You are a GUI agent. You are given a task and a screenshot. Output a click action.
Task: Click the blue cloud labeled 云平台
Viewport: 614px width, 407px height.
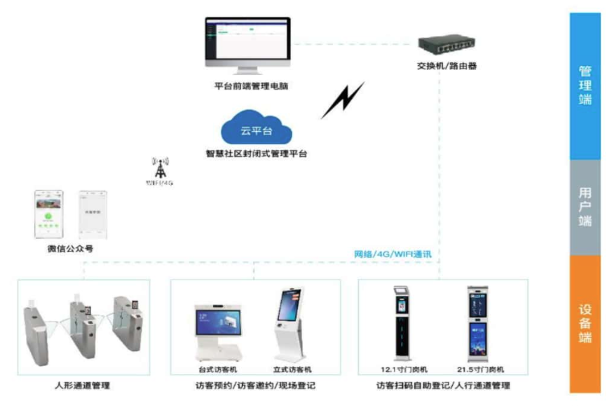[256, 127]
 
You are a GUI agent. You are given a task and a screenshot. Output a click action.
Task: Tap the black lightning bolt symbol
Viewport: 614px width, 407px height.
[343, 100]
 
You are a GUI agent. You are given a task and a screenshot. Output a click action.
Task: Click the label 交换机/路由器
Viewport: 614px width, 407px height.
[447, 67]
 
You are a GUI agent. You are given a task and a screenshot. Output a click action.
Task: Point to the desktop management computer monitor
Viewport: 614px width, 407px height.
[247, 43]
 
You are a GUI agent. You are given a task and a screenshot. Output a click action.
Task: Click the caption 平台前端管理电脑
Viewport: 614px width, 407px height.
[251, 87]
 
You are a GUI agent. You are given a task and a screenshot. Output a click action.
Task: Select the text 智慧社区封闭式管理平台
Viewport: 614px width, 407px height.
[256, 153]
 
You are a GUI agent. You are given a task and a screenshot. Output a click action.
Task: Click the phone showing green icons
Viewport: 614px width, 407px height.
[50, 214]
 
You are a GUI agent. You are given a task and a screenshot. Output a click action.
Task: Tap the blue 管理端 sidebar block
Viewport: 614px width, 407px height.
[585, 85]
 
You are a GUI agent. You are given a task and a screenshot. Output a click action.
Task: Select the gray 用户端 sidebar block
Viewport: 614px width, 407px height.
[585, 207]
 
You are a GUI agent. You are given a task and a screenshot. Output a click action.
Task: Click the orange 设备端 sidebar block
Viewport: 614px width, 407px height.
[585, 323]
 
